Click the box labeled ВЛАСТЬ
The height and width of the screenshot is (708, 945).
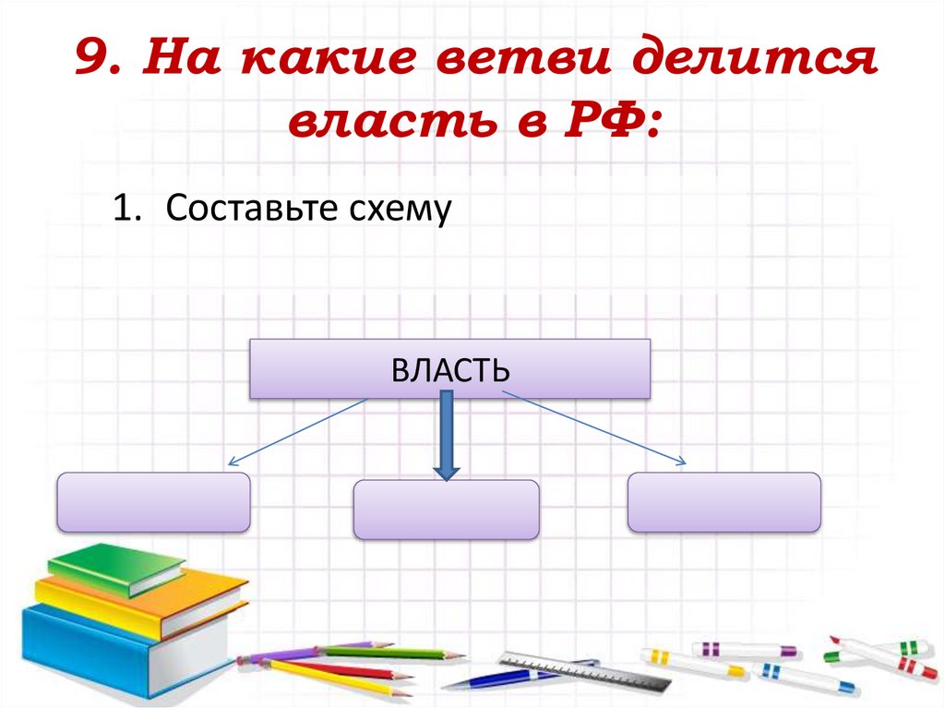[x=449, y=369]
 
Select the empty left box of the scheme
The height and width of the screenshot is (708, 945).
[x=153, y=502]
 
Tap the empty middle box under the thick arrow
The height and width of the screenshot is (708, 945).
[x=446, y=510]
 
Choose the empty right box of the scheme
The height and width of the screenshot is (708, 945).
[x=724, y=502]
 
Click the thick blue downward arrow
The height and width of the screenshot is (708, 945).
[x=447, y=434]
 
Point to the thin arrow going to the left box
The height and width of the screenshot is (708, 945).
[x=295, y=432]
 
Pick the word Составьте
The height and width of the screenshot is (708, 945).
[x=240, y=210]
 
